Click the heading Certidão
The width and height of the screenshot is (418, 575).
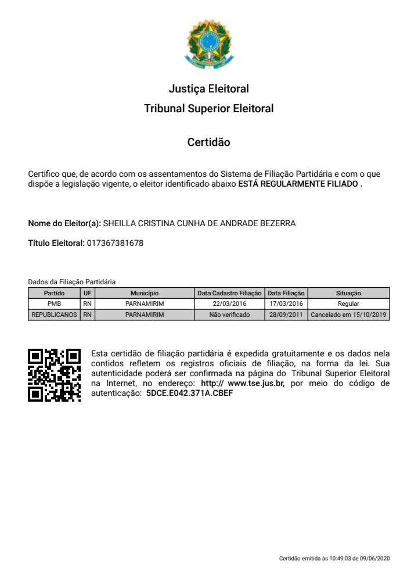[x=208, y=142]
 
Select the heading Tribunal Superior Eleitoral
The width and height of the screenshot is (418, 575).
[x=208, y=109]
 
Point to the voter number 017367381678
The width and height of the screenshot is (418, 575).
[x=114, y=243]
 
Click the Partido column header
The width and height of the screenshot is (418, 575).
[x=55, y=294]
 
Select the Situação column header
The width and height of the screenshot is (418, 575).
[x=348, y=294]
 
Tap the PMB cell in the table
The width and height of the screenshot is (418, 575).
[x=55, y=303]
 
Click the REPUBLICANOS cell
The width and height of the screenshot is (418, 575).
[x=55, y=315]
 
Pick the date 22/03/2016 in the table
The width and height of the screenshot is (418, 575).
[x=230, y=303]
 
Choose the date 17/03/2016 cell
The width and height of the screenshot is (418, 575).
[x=286, y=303]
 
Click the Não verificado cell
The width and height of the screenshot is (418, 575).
[x=230, y=315]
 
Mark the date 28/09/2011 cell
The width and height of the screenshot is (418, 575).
[x=286, y=315]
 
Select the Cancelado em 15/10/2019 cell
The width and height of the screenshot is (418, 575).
[x=348, y=315]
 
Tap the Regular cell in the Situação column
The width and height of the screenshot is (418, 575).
[x=348, y=303]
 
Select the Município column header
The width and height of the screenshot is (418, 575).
[x=145, y=294]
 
